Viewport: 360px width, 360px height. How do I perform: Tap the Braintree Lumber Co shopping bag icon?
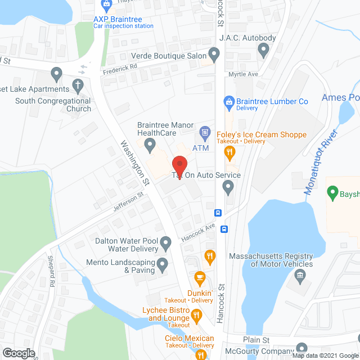coord(229,101)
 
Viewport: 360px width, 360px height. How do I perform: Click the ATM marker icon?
coord(205,134)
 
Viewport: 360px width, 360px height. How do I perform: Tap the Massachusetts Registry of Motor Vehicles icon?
coord(299,276)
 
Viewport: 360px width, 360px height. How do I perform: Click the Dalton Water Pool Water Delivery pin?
coord(165,244)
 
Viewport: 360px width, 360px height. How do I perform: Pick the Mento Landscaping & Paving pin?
coord(163,263)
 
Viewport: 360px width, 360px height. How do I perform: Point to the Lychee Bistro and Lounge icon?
coord(196,317)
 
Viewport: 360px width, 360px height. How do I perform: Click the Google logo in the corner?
coord(18,353)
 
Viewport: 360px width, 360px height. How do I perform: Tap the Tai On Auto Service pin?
coord(228,188)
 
